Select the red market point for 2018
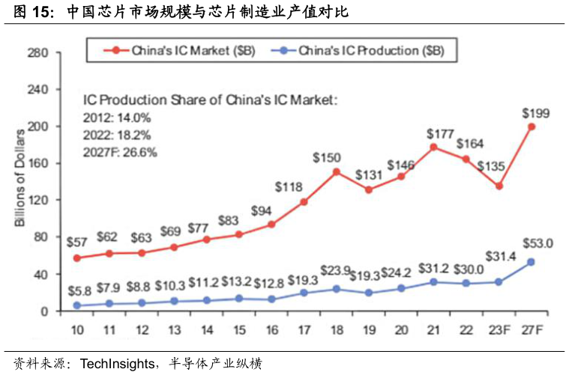point(337,171)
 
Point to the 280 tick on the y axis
point(38,53)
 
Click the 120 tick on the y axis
point(38,201)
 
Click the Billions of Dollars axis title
point(21,183)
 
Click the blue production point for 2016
point(271,299)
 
